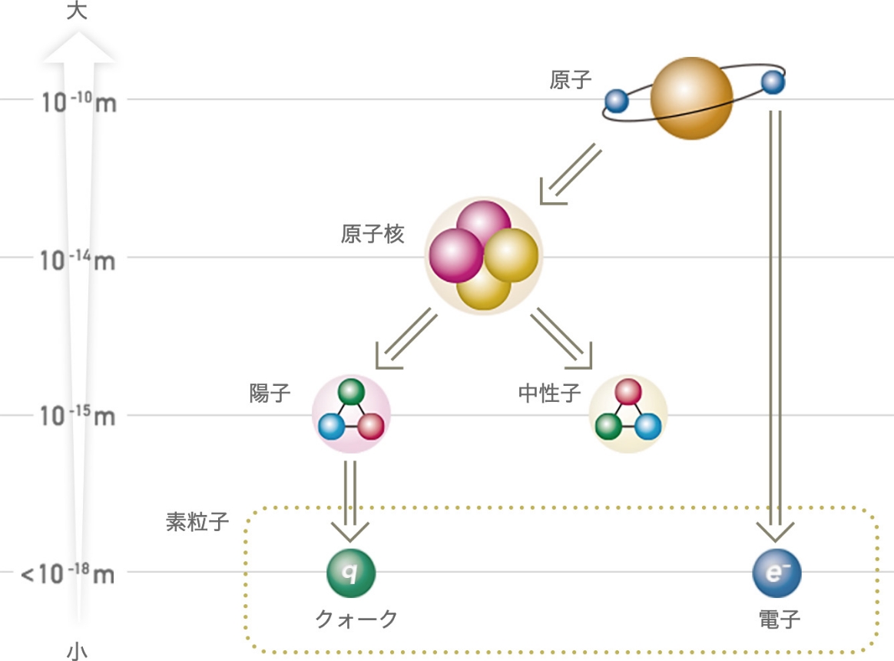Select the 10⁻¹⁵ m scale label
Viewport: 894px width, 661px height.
point(79,417)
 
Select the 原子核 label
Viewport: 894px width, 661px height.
point(372,234)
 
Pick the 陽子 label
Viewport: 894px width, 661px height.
point(270,394)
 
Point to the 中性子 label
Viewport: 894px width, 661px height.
point(549,394)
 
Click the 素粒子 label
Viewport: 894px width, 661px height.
point(197,522)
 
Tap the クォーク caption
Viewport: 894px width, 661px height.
point(356,619)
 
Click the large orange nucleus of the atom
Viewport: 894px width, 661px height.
point(691,98)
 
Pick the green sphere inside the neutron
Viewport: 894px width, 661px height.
point(609,425)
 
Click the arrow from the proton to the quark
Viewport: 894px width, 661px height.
point(350,500)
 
